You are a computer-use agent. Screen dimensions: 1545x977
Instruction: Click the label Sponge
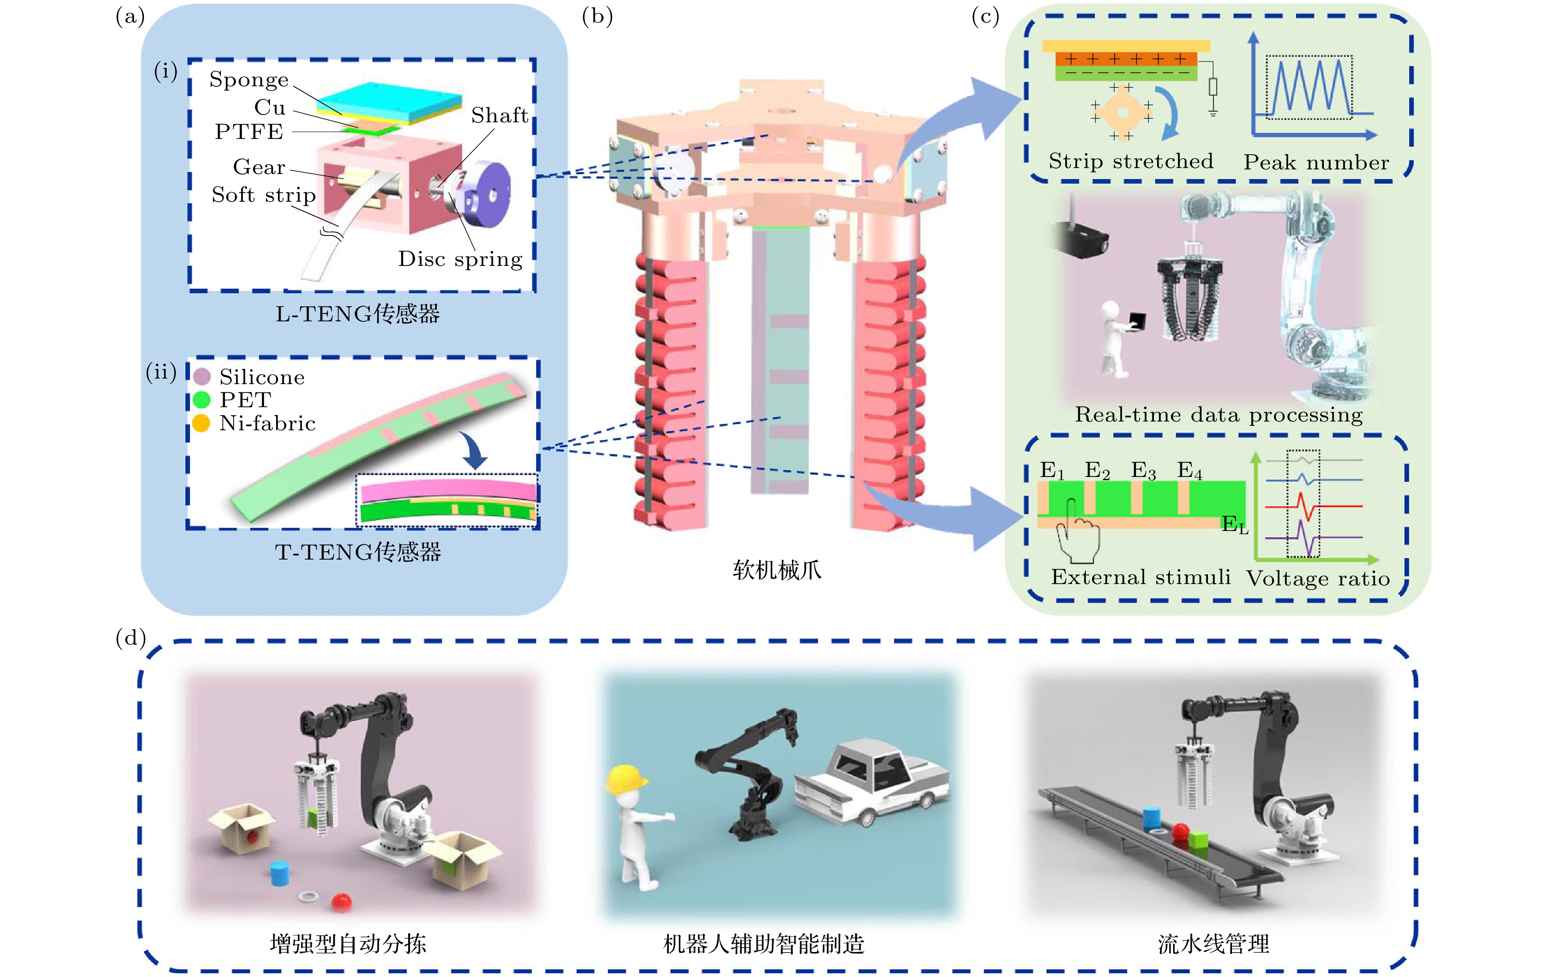pyautogui.click(x=249, y=79)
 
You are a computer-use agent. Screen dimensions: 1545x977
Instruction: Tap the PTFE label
pyautogui.click(x=249, y=132)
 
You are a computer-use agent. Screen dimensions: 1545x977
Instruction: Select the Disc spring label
pyautogui.click(x=460, y=259)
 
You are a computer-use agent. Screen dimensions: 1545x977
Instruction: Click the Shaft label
pyautogui.click(x=500, y=115)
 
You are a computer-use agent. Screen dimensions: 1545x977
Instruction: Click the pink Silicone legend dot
pyautogui.click(x=202, y=377)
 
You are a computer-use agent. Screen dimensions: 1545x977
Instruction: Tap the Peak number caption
pyautogui.click(x=1316, y=163)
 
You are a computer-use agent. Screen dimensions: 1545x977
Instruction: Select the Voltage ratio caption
pyautogui.click(x=1318, y=579)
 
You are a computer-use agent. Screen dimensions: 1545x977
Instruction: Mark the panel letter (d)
pyautogui.click(x=131, y=638)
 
